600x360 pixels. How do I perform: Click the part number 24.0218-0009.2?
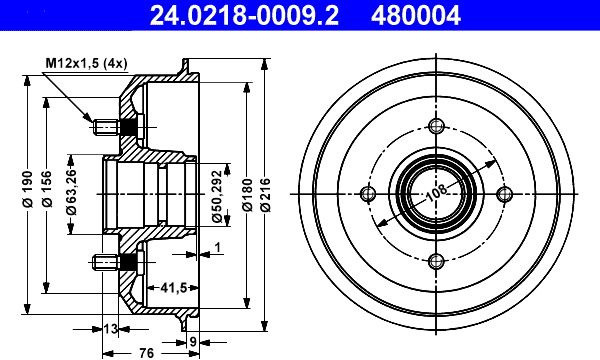tap(244, 16)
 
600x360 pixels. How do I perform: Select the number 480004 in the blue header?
tap(416, 16)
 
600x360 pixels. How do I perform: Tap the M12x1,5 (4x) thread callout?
tap(86, 63)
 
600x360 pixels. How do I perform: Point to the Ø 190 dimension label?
tap(28, 189)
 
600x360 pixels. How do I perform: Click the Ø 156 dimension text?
tap(47, 189)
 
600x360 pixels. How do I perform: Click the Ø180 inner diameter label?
tap(248, 195)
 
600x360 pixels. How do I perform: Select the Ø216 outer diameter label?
tap(265, 195)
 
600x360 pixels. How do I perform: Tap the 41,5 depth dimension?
tap(173, 287)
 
